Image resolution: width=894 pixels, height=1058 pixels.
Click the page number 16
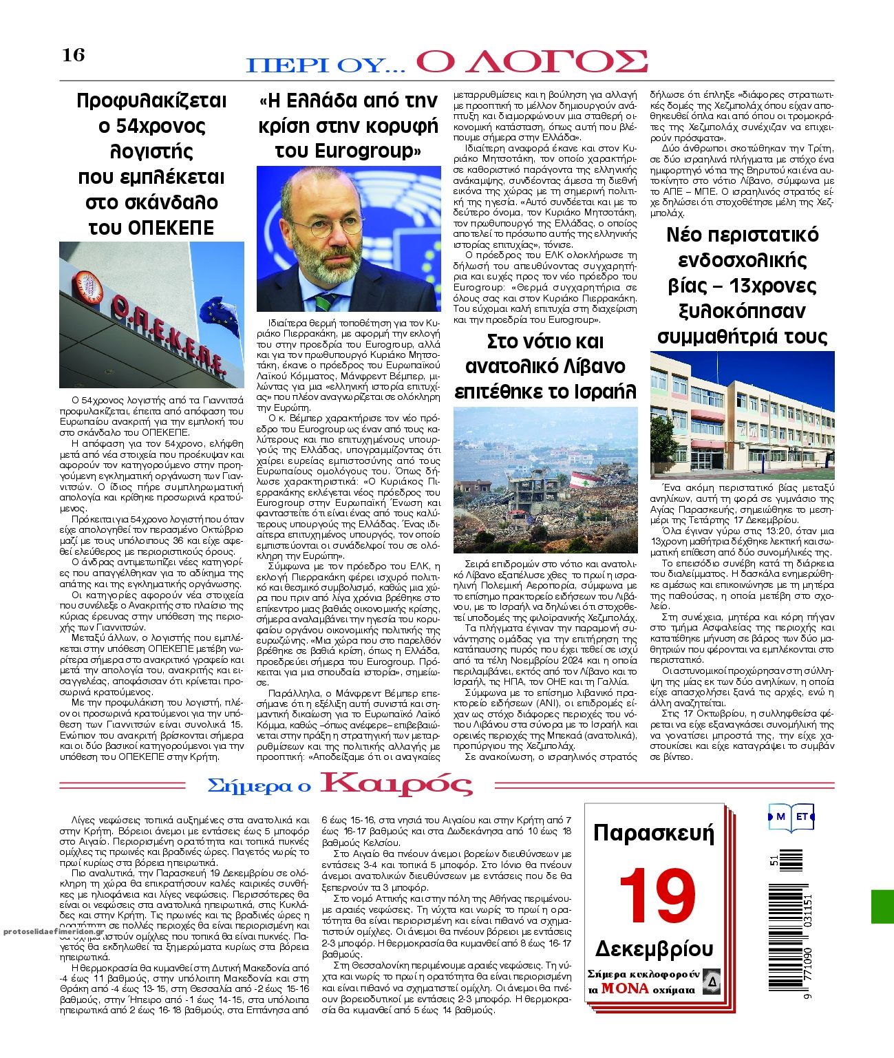pos(74,55)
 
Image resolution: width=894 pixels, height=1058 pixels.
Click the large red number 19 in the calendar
pos(657,896)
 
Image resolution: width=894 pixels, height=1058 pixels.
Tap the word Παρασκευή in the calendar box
pos(653,833)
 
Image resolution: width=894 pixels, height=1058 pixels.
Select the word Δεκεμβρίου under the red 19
pos(654,949)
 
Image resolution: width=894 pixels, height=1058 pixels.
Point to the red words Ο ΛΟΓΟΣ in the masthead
pos(532,61)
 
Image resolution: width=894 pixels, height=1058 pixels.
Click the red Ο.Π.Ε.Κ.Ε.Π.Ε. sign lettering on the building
pos(168,336)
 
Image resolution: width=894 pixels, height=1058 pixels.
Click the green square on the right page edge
pos(882,906)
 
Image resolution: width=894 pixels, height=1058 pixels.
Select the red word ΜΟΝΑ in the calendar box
pos(624,988)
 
